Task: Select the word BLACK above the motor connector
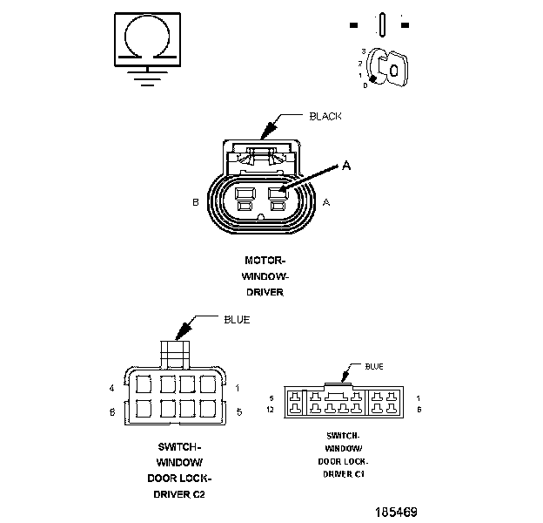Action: click(x=325, y=116)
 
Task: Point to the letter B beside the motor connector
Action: click(x=196, y=202)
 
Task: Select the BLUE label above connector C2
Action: click(x=237, y=320)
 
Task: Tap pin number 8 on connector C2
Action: click(x=112, y=411)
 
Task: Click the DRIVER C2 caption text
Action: click(x=184, y=494)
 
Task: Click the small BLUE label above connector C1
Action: click(x=373, y=367)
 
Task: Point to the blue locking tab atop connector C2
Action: click(x=174, y=352)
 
